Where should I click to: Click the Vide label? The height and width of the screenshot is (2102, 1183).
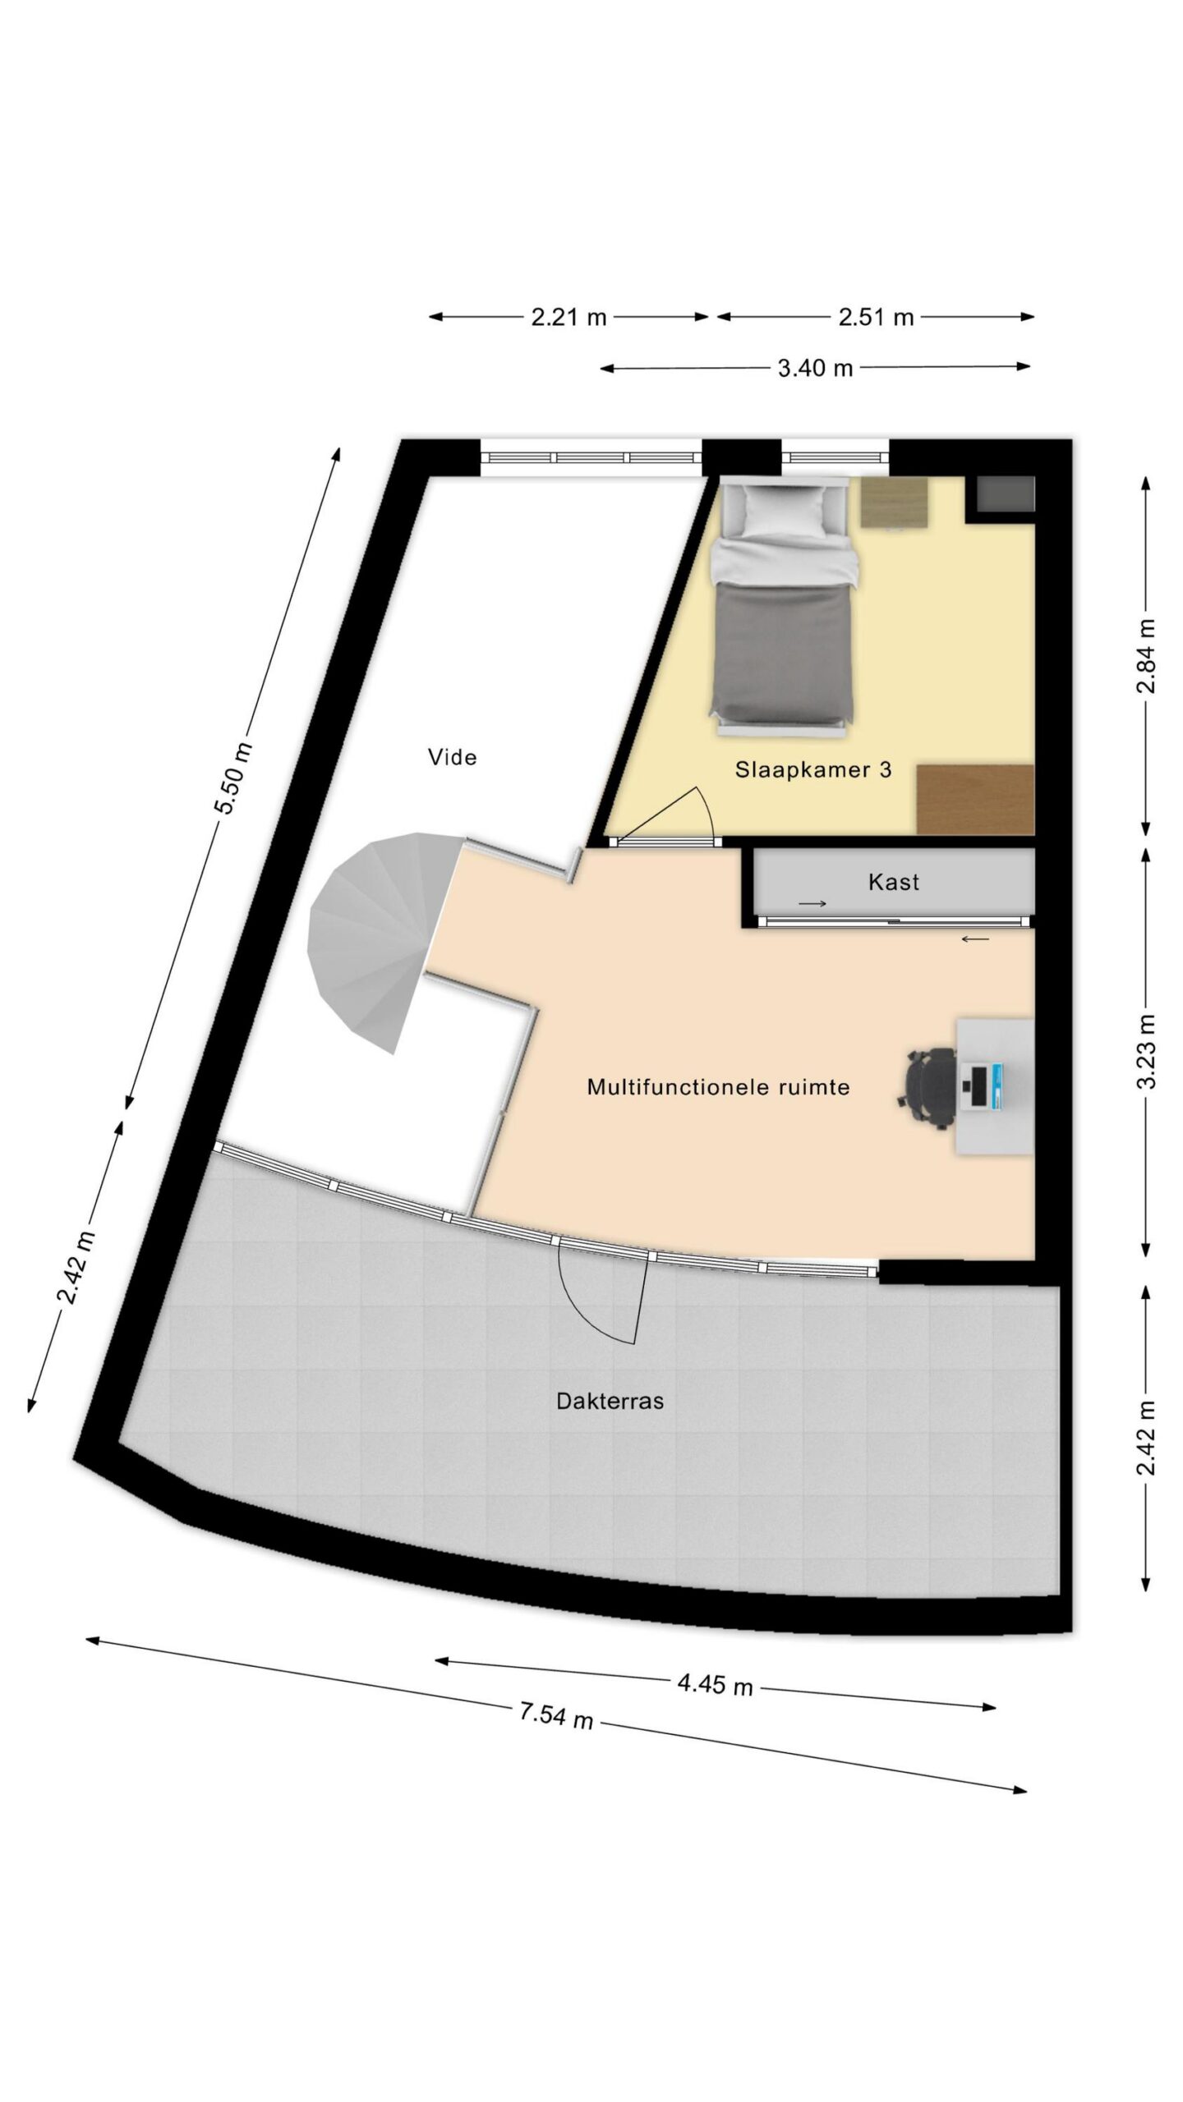(x=452, y=757)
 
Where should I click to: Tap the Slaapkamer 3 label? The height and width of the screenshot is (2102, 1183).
(x=813, y=770)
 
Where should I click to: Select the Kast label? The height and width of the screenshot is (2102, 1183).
(x=893, y=883)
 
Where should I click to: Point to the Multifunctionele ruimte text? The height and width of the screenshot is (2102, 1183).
(x=718, y=1087)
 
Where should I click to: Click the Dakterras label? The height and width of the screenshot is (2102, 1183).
(x=610, y=1401)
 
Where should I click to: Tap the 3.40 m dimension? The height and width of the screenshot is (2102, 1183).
(x=815, y=369)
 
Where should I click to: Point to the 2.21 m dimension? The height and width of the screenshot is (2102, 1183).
(x=568, y=317)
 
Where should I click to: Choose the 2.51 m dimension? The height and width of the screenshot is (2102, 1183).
(x=876, y=317)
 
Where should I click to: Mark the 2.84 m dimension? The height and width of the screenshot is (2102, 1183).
(x=1147, y=656)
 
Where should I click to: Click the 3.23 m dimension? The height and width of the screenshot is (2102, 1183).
(x=1147, y=1051)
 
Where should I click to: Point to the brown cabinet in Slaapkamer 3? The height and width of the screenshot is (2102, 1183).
(x=975, y=799)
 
